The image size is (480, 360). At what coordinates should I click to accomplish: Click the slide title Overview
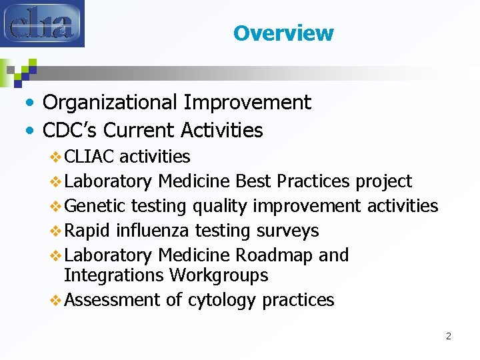click(283, 33)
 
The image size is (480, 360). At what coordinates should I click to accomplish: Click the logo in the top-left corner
click(43, 24)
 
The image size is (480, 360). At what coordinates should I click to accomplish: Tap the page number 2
click(448, 336)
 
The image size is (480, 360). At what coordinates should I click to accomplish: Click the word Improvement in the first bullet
click(247, 103)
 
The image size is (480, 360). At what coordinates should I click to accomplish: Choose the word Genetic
click(96, 206)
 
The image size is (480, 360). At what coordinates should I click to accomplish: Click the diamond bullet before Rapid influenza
click(56, 231)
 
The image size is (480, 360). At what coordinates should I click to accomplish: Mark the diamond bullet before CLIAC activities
click(56, 157)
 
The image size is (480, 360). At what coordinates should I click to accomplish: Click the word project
click(383, 181)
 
